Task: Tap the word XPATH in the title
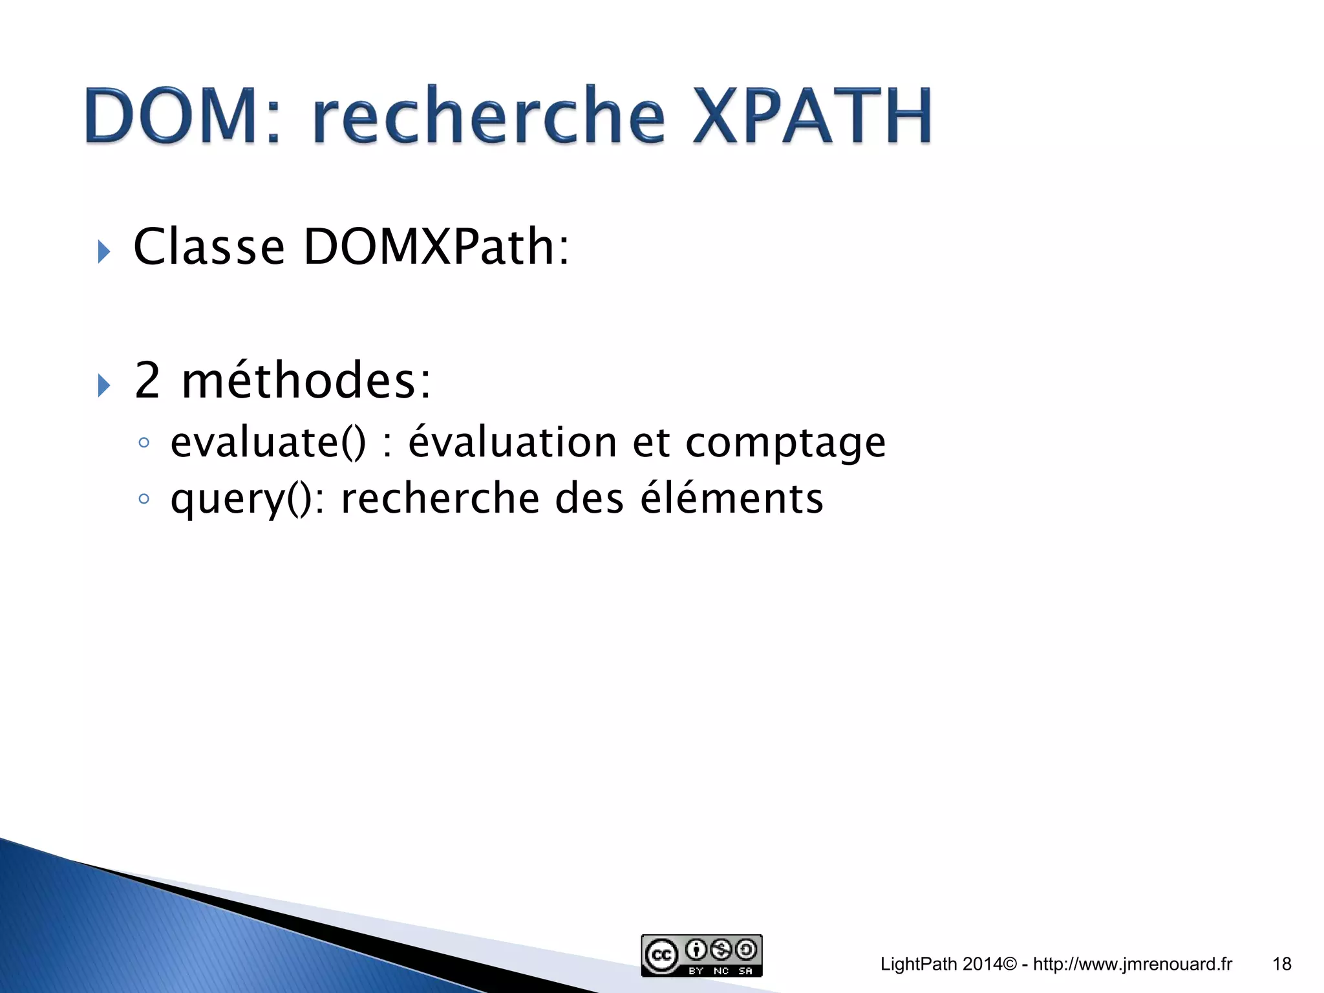pos(812,116)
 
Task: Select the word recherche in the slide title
pos(489,116)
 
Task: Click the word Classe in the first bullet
pos(208,247)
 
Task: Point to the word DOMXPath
pos(436,247)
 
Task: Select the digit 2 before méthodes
pos(147,380)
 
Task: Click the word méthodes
pos(306,380)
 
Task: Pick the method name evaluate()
pos(268,443)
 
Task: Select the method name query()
pos(248,500)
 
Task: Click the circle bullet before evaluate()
pos(144,443)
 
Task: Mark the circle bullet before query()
pos(144,498)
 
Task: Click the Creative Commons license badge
pos(701,955)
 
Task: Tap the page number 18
pos(1281,964)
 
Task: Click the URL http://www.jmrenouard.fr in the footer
pos(1132,964)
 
